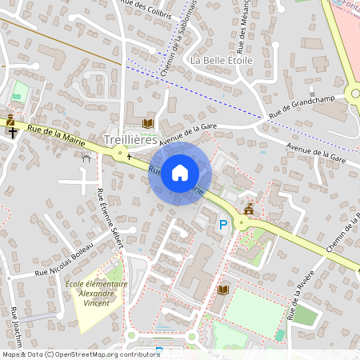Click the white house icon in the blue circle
(180, 172)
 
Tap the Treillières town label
(130, 139)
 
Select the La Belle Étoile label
(222, 60)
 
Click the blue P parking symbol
(223, 226)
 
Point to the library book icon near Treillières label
(147, 123)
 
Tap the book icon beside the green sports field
(223, 289)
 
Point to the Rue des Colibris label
(145, 6)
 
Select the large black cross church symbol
(14, 134)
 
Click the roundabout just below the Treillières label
(121, 153)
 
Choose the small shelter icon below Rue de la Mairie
(86, 158)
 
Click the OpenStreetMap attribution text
(81, 354)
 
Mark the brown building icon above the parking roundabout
(249, 209)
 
